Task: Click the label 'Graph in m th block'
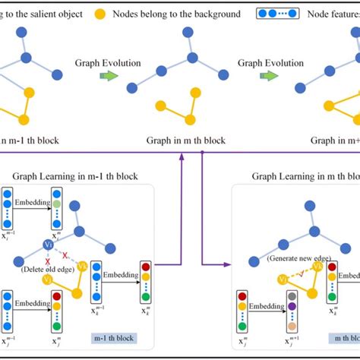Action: [x=185, y=141]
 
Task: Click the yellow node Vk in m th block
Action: [x=319, y=266]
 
